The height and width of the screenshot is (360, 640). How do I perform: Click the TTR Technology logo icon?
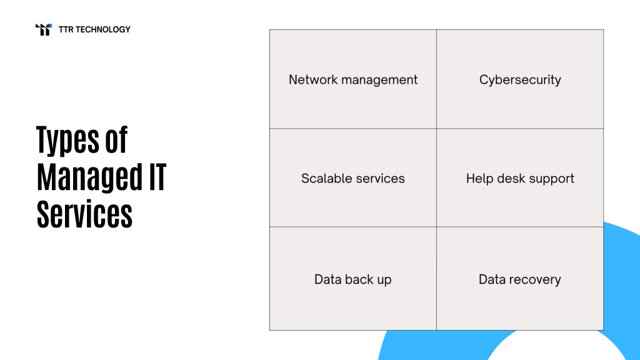tap(44, 29)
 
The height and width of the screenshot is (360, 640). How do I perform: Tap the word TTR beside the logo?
tap(66, 29)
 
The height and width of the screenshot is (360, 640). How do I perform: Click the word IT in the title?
tap(157, 177)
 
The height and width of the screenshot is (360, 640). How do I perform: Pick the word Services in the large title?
tap(84, 214)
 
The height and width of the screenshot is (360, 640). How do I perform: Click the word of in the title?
tap(116, 139)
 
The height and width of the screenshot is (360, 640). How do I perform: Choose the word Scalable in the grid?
tap(325, 178)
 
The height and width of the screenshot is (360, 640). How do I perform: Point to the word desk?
tap(511, 178)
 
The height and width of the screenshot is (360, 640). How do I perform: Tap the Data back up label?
tap(353, 279)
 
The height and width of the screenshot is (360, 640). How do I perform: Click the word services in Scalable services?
tap(379, 178)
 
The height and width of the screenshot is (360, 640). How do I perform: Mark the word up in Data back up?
tap(384, 281)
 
